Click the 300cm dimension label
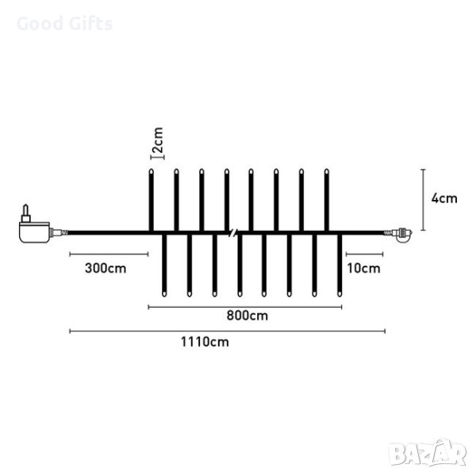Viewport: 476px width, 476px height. (x=106, y=268)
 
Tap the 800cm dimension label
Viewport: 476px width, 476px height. (x=247, y=316)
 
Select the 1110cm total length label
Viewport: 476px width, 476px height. (x=205, y=342)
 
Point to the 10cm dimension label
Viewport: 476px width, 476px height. (x=363, y=268)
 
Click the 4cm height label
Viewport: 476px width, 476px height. (x=444, y=198)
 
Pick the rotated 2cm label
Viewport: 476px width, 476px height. (x=158, y=140)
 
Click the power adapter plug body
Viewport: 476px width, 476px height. (x=34, y=232)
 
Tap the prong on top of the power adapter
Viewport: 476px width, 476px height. (x=26, y=213)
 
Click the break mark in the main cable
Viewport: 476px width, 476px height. (x=232, y=232)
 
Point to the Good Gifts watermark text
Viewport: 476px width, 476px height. (x=65, y=24)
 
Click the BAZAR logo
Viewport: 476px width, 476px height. (x=428, y=454)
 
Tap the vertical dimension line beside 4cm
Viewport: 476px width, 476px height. (x=424, y=200)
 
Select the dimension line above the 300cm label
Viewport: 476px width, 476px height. (x=109, y=254)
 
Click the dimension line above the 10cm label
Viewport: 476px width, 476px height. (x=364, y=254)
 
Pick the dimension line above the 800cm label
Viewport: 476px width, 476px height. (x=245, y=307)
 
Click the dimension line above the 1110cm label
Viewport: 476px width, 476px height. (x=228, y=331)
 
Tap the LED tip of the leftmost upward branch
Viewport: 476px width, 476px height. (x=152, y=172)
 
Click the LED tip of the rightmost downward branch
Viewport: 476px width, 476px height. (x=340, y=294)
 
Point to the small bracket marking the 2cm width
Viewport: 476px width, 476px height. (x=158, y=157)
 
